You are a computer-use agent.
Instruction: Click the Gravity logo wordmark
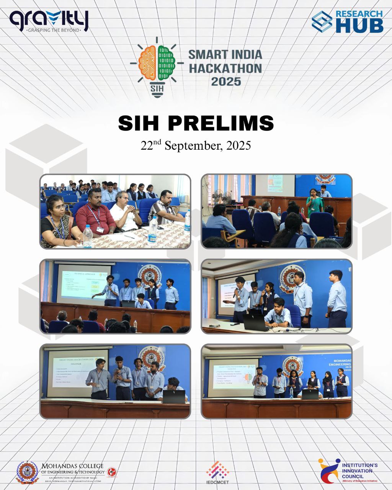49,18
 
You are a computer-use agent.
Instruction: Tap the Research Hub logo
347,21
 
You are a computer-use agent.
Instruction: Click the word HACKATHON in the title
225,68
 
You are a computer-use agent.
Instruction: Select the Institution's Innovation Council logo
348,470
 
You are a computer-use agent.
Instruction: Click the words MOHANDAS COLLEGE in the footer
73,466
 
